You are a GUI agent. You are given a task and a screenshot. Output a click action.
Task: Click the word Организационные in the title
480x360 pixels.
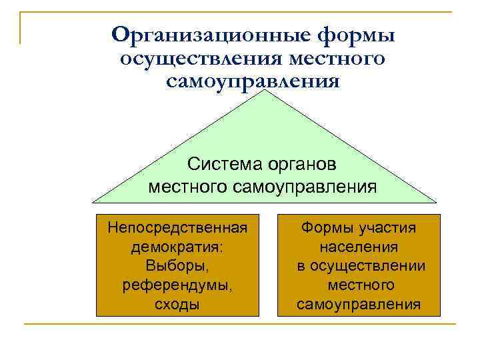tap(199, 34)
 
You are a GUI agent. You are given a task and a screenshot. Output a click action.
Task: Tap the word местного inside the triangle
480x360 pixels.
tap(188, 186)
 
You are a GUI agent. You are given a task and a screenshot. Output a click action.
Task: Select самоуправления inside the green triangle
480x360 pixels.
tap(305, 186)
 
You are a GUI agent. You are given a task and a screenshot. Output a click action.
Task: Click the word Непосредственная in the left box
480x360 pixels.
tap(177, 228)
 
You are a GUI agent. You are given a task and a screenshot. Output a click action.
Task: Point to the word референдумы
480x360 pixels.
tap(177, 285)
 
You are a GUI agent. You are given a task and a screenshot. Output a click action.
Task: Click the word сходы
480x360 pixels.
tap(177, 305)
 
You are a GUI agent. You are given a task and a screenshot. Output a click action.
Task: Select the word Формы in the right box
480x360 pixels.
tap(324, 228)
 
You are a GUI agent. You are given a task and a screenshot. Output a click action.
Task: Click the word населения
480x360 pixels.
tap(359, 247)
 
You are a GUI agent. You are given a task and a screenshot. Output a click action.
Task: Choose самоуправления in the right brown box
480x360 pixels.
tap(359, 305)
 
